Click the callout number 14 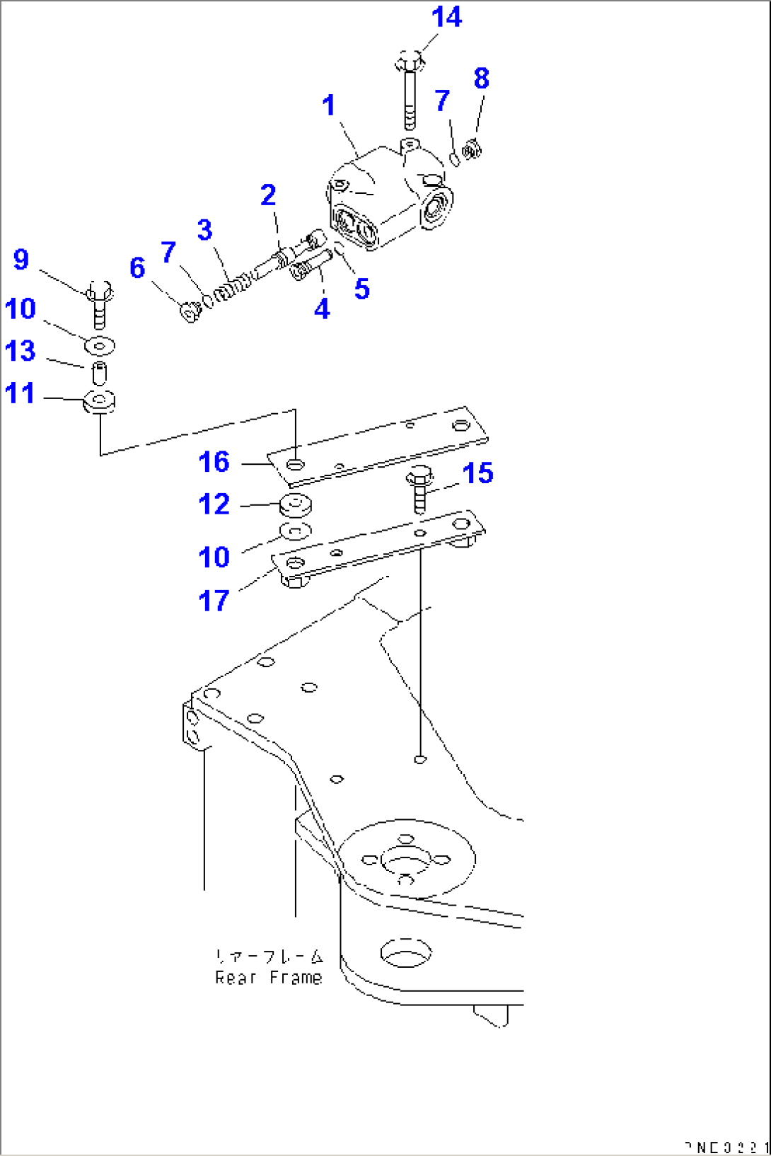pyautogui.click(x=446, y=17)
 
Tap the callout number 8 pyautogui.click(x=481, y=78)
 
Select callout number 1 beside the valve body pyautogui.click(x=328, y=105)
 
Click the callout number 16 pyautogui.click(x=214, y=462)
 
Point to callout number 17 pyautogui.click(x=214, y=601)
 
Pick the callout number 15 pyautogui.click(x=477, y=473)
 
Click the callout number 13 pyautogui.click(x=20, y=351)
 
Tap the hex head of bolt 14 pyautogui.click(x=410, y=61)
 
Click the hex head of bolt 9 pyautogui.click(x=99, y=291)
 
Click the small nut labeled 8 pyautogui.click(x=472, y=150)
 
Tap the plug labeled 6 pyautogui.click(x=189, y=312)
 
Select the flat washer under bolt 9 pyautogui.click(x=100, y=346)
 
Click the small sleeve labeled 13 pyautogui.click(x=100, y=372)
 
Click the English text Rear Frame pyautogui.click(x=268, y=978)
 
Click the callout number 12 pyautogui.click(x=214, y=504)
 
